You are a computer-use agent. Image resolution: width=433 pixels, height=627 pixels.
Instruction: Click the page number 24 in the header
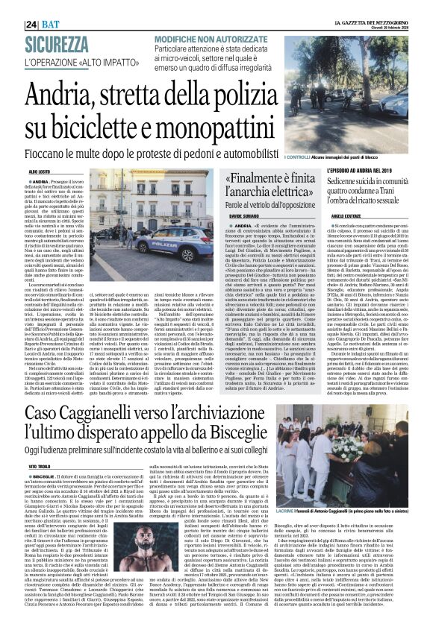[x=11, y=5]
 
